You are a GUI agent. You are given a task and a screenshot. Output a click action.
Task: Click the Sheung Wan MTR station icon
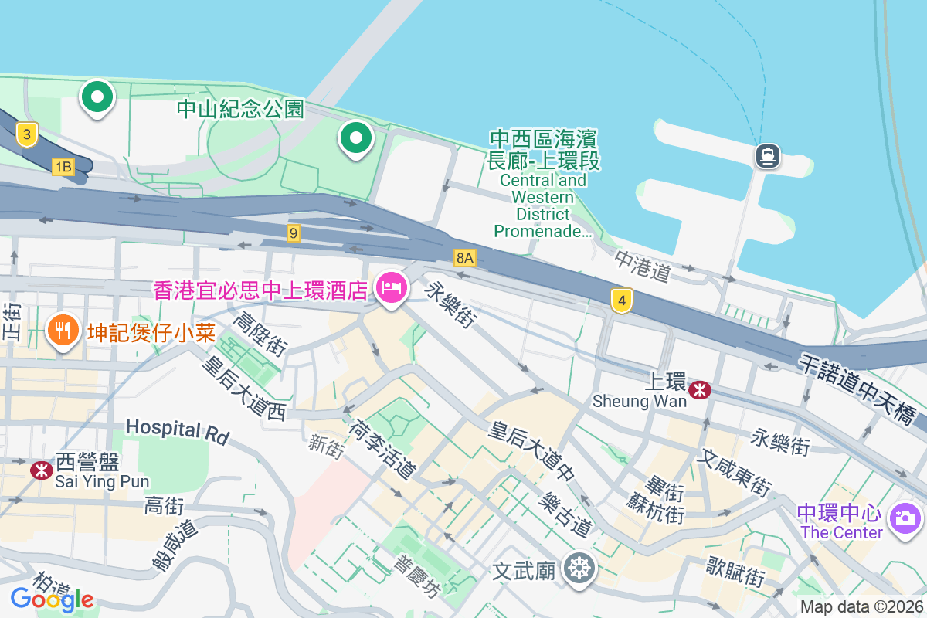click(700, 390)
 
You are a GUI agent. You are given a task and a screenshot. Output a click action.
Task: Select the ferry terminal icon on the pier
click(768, 157)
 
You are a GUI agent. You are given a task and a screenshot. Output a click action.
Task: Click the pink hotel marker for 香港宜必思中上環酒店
click(392, 288)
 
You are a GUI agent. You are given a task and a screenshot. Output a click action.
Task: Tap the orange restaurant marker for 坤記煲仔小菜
click(63, 331)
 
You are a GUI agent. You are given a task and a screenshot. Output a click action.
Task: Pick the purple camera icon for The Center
click(905, 516)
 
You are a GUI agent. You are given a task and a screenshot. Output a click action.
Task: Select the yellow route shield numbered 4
click(621, 301)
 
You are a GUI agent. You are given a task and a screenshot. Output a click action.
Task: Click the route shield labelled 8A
click(465, 258)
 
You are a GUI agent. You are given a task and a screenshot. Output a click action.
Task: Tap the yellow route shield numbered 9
click(293, 233)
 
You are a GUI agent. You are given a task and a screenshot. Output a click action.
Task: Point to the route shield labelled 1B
click(63, 166)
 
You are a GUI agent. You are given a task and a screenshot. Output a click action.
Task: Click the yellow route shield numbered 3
click(27, 135)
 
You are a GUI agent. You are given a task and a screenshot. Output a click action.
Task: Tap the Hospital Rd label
click(178, 432)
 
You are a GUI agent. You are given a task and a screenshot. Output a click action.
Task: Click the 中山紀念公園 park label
click(240, 109)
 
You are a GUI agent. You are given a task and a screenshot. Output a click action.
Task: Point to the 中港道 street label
click(643, 265)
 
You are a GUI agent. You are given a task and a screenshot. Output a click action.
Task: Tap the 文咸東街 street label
click(733, 474)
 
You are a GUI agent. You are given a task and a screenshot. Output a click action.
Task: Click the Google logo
click(52, 599)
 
